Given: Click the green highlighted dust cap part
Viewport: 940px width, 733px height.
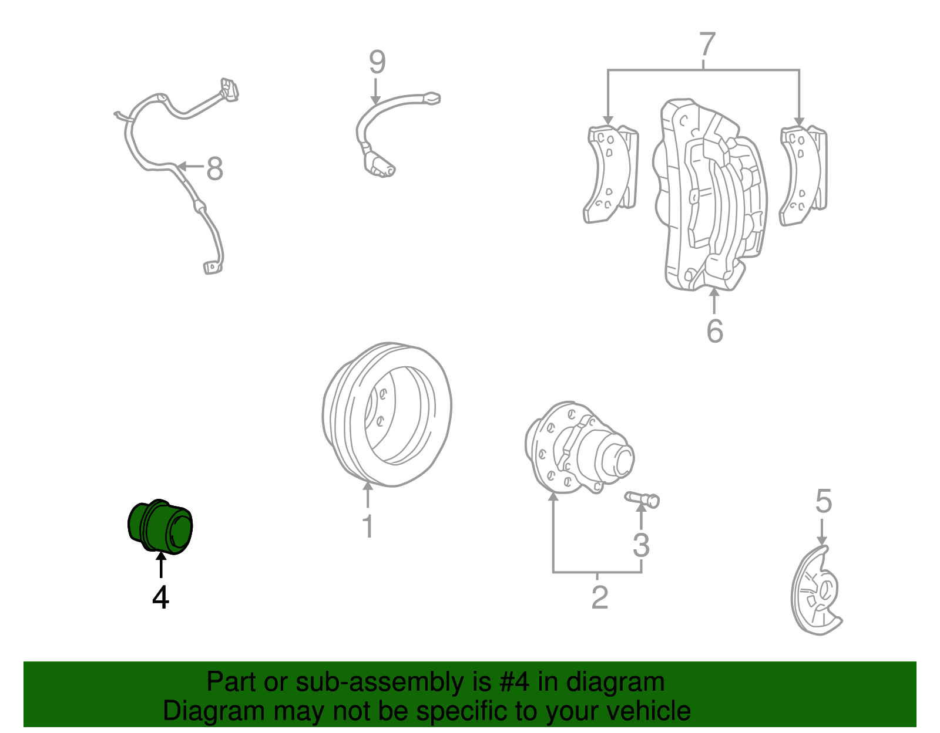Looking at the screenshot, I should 160,527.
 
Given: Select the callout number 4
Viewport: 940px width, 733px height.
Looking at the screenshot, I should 160,597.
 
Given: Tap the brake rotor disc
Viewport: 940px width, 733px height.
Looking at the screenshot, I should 388,414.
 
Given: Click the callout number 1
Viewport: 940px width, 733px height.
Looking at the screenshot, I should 368,526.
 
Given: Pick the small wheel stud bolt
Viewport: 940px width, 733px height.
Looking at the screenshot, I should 642,499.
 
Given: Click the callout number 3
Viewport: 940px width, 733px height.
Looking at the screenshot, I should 641,545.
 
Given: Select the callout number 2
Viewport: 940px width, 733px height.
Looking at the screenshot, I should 599,598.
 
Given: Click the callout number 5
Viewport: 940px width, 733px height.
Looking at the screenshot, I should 824,502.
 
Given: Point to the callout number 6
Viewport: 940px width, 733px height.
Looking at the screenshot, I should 714,331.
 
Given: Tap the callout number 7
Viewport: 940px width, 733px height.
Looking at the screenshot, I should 707,45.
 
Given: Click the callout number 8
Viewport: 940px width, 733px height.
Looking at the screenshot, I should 214,169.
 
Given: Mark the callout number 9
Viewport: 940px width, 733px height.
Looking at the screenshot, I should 377,62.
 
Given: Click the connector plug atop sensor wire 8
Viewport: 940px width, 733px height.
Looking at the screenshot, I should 229,89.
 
